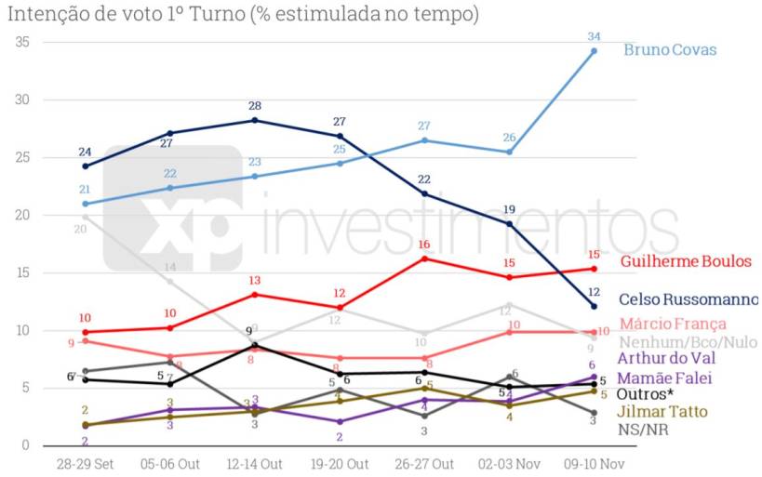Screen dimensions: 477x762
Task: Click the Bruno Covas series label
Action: click(x=670, y=49)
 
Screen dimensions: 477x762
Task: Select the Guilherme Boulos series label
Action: click(x=685, y=261)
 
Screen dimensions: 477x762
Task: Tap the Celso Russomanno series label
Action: click(x=688, y=299)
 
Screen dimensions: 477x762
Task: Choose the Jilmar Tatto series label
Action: click(x=662, y=411)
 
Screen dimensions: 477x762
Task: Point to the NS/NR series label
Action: click(x=643, y=430)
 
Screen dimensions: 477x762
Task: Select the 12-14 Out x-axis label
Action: click(x=254, y=463)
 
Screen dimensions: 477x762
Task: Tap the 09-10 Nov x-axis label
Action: click(x=595, y=463)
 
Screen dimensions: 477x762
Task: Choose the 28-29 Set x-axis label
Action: click(x=85, y=463)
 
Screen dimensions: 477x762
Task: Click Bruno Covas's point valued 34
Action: click(x=595, y=51)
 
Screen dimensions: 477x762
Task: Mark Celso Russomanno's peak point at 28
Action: click(x=254, y=120)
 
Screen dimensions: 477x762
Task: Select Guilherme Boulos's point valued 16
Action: click(x=424, y=258)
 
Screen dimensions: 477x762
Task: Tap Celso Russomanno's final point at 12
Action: click(x=595, y=306)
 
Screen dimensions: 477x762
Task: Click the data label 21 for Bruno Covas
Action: click(x=85, y=190)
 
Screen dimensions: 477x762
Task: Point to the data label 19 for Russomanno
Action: click(x=510, y=209)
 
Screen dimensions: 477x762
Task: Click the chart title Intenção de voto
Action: click(x=243, y=14)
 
